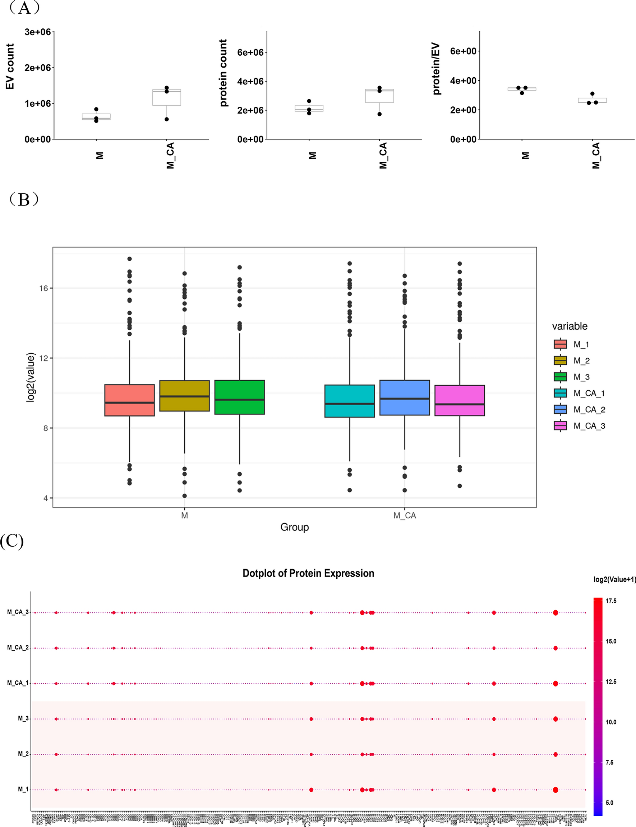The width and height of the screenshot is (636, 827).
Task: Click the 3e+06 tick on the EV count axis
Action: click(x=37, y=32)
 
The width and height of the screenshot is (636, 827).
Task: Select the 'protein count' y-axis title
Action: click(x=223, y=73)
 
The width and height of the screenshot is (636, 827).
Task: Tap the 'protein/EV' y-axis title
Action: click(x=436, y=68)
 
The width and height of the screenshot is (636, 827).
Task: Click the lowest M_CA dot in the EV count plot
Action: click(x=167, y=119)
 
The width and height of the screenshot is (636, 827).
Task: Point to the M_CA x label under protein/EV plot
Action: click(x=596, y=155)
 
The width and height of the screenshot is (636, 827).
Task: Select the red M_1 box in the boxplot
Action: click(x=129, y=400)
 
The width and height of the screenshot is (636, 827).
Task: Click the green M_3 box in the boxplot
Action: click(x=239, y=397)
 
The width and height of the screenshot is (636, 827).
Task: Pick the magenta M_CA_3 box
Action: click(x=460, y=401)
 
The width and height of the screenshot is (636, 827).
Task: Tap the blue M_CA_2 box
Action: click(x=404, y=398)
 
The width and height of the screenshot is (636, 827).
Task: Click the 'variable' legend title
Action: click(x=570, y=326)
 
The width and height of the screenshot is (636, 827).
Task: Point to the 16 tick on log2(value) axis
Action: click(x=43, y=288)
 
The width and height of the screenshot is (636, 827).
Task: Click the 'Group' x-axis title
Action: click(x=294, y=528)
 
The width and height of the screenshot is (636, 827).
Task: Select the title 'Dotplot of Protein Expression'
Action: click(x=308, y=573)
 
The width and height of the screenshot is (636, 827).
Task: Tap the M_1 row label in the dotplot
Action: click(x=23, y=790)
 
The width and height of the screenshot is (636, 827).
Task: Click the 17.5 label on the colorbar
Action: click(x=610, y=601)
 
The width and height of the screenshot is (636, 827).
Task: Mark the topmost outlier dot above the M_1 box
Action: click(x=129, y=259)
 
